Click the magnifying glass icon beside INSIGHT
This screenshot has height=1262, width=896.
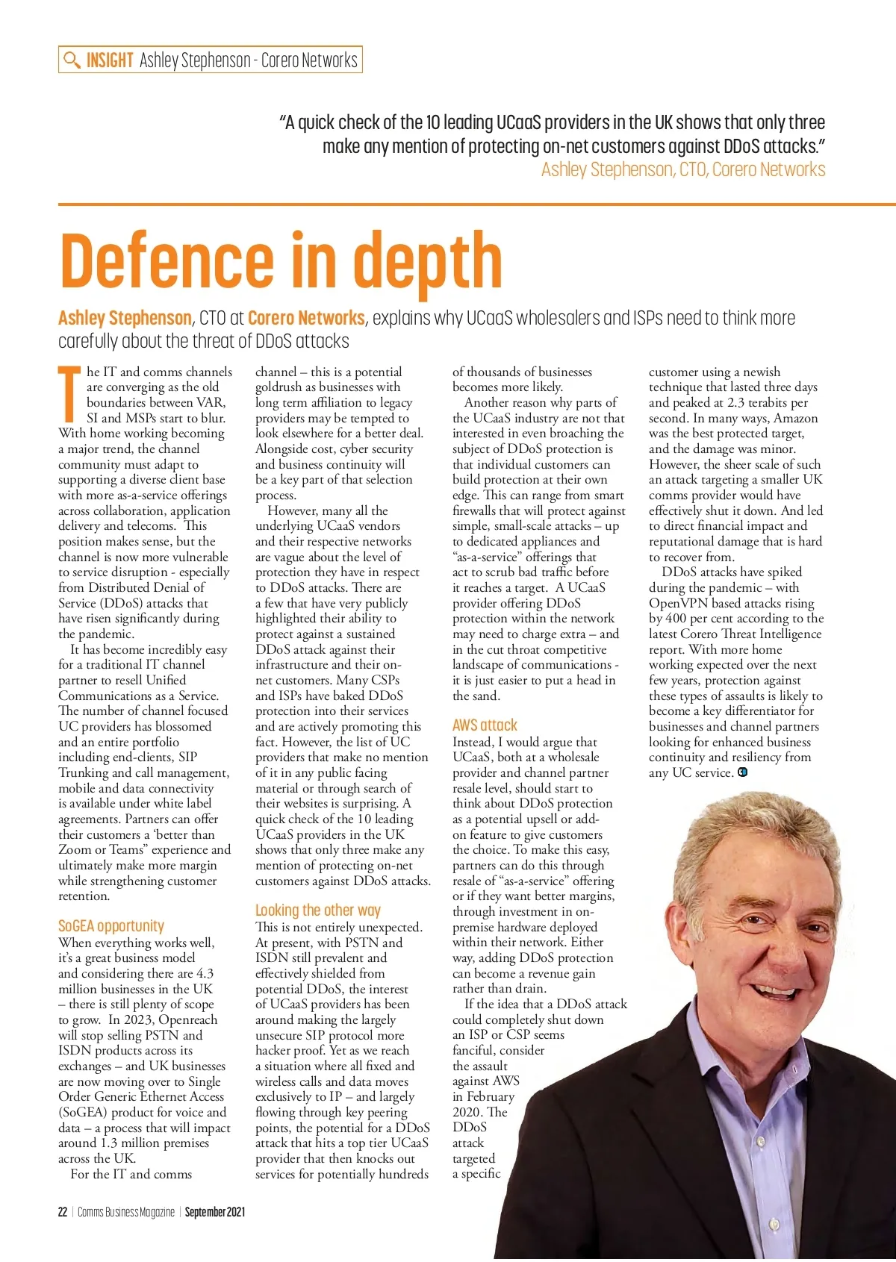click(72, 60)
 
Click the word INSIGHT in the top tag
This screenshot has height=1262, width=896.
click(110, 60)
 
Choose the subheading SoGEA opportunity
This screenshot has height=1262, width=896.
click(111, 926)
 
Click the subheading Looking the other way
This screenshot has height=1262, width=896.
click(318, 910)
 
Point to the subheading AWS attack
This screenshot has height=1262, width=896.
click(485, 725)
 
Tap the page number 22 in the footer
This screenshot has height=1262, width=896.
click(63, 1212)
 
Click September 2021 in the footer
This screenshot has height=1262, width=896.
click(215, 1212)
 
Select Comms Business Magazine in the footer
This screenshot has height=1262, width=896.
click(126, 1212)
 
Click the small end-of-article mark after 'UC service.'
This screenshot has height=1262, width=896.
click(742, 772)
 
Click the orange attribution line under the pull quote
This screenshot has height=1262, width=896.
click(683, 170)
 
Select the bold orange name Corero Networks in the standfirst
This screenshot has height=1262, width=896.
click(306, 319)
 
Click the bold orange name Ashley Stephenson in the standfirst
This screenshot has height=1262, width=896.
click(125, 319)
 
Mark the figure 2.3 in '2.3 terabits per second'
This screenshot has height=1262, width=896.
click(736, 403)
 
